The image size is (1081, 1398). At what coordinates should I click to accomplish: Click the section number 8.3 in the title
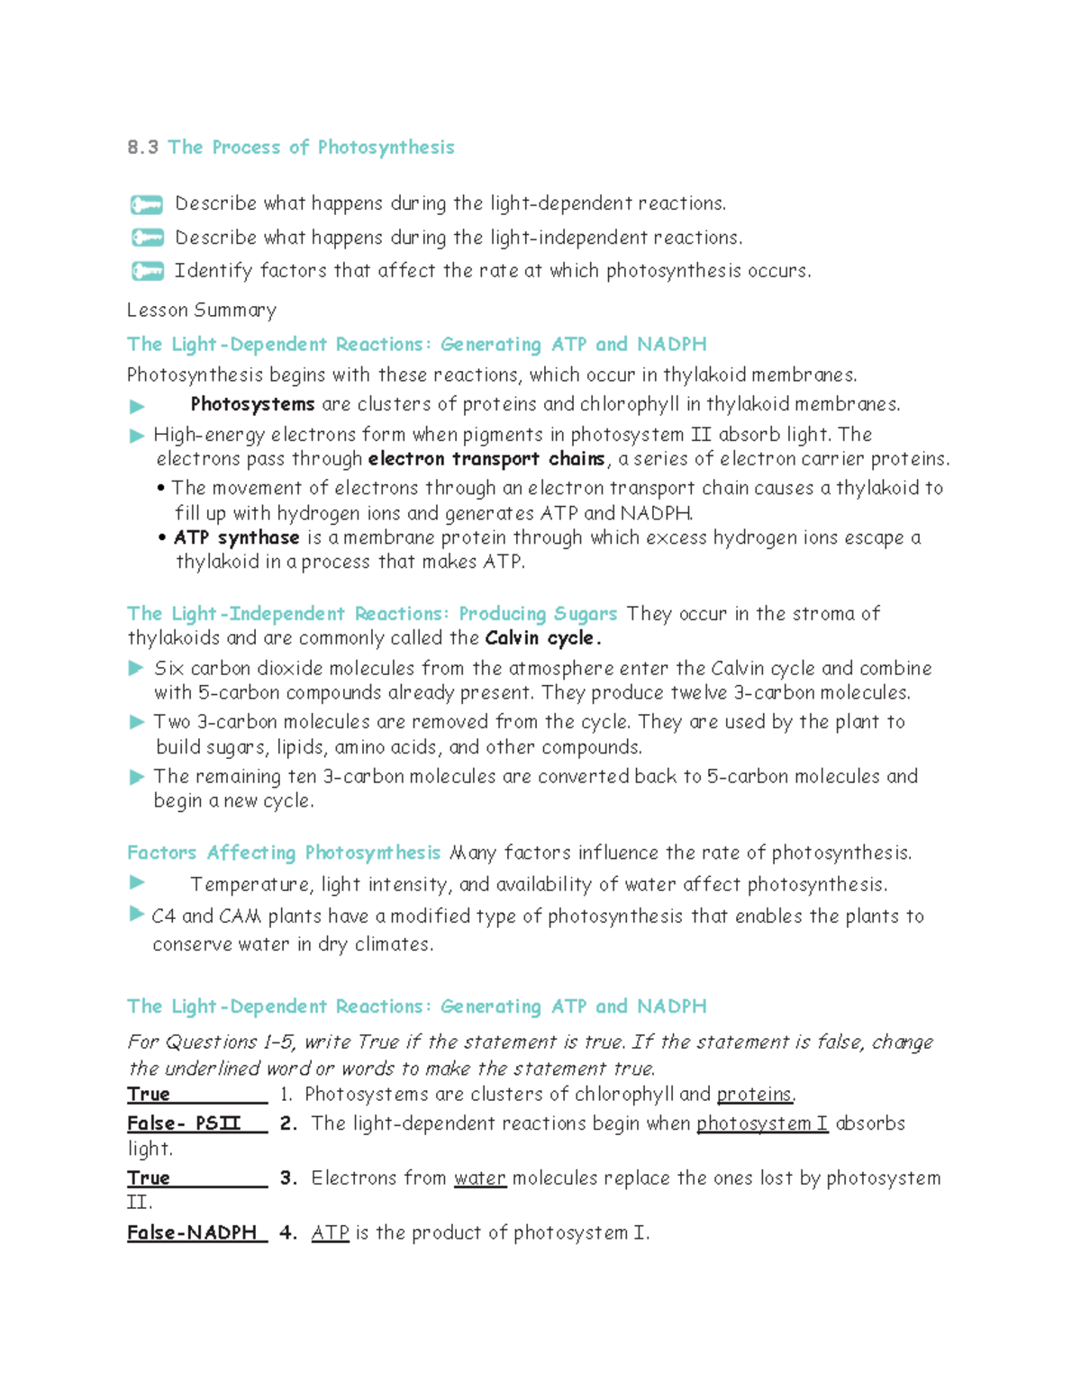pyautogui.click(x=142, y=148)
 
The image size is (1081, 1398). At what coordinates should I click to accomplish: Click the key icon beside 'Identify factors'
pyautogui.click(x=147, y=271)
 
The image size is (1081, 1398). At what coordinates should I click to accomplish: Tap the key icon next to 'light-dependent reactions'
pyautogui.click(x=147, y=204)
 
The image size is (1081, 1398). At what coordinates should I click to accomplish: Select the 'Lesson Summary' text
pyautogui.click(x=201, y=311)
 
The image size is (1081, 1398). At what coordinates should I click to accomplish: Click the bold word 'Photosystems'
pyautogui.click(x=252, y=404)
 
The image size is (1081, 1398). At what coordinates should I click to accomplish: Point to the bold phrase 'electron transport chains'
pyautogui.click(x=486, y=459)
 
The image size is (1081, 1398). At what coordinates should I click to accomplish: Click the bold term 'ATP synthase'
pyautogui.click(x=236, y=537)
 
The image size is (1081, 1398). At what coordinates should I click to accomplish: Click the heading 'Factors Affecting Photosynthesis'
pyautogui.click(x=283, y=852)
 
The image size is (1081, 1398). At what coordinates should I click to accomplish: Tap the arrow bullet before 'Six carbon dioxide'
pyautogui.click(x=137, y=668)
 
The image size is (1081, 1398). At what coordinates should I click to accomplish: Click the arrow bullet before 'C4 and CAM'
pyautogui.click(x=137, y=915)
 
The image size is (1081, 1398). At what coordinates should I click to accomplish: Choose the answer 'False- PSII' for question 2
pyautogui.click(x=185, y=1123)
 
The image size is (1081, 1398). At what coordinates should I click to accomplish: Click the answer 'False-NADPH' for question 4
pyautogui.click(x=192, y=1232)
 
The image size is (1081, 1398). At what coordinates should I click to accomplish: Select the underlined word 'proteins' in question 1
pyautogui.click(x=754, y=1095)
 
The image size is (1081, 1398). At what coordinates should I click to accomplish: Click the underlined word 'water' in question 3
pyautogui.click(x=480, y=1178)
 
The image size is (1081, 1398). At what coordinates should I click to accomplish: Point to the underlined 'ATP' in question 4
pyautogui.click(x=330, y=1233)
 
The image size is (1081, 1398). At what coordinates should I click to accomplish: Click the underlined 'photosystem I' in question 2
pyautogui.click(x=762, y=1123)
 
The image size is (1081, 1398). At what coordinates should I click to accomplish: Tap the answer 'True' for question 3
pyautogui.click(x=149, y=1178)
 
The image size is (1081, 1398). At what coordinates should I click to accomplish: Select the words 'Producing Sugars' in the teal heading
pyautogui.click(x=538, y=614)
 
